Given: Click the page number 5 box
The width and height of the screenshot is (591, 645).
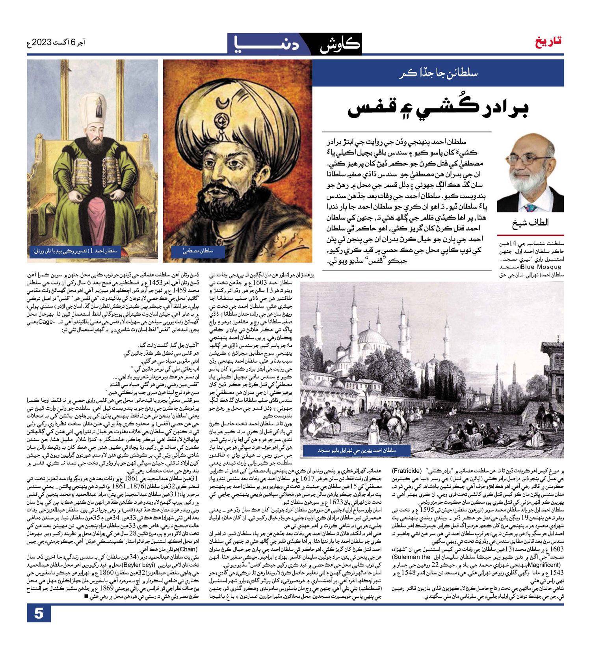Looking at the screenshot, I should point(39,614).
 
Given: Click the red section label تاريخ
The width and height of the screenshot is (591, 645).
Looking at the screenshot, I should point(548,41).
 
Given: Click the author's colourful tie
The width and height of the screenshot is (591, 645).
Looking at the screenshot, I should point(530,207).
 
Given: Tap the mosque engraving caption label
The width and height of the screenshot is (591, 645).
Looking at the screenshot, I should point(357,450).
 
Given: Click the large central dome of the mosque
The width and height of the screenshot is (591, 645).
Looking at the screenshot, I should point(373,337).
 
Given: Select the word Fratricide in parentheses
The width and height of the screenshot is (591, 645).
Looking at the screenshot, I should point(407,472).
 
